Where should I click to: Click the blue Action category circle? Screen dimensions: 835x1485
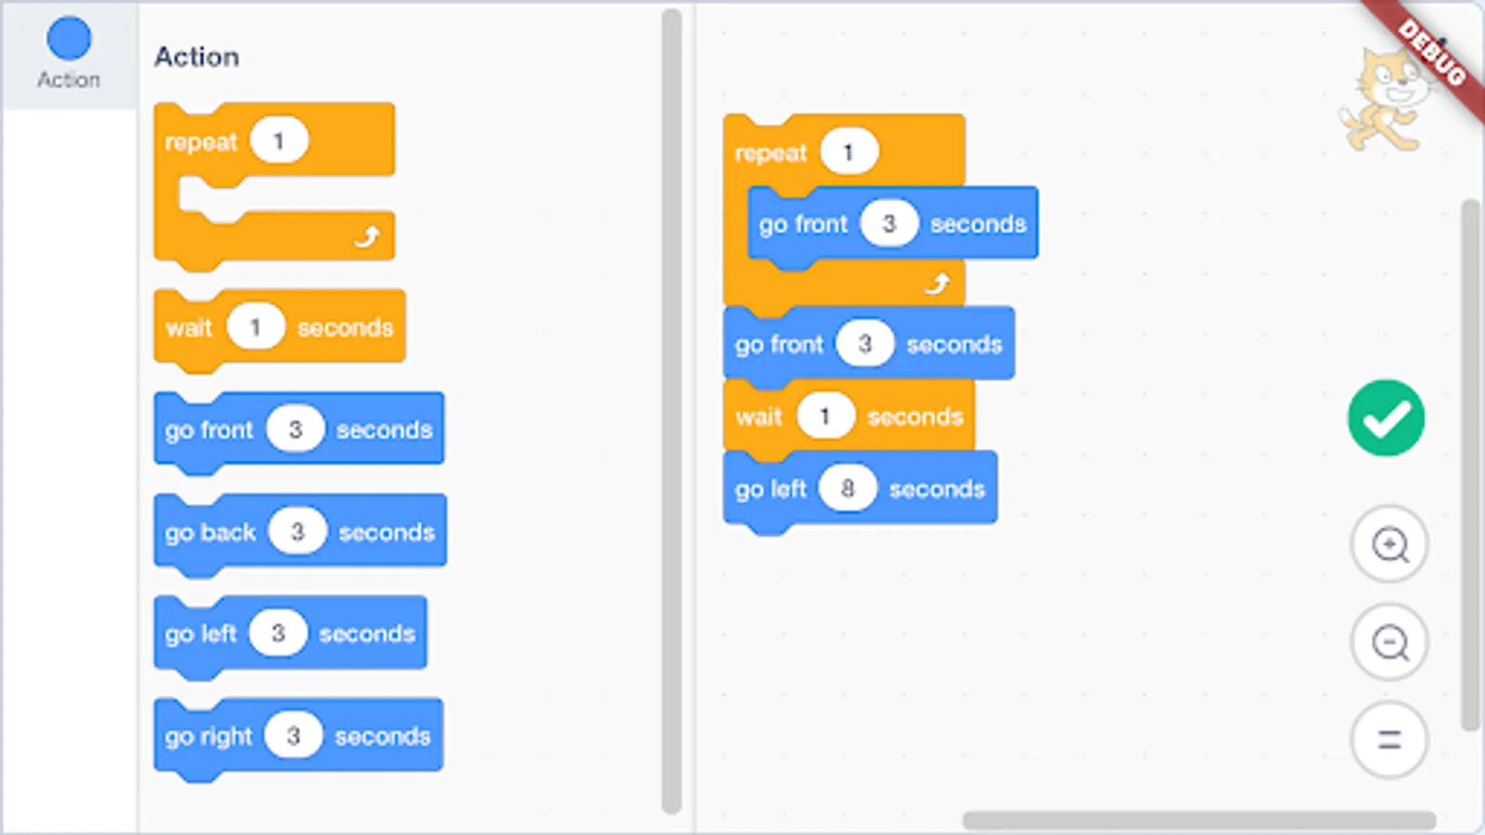pyautogui.click(x=69, y=39)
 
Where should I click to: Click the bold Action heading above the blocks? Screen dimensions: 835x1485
pyautogui.click(x=197, y=58)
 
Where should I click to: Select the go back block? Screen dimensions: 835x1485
pyautogui.click(x=210, y=532)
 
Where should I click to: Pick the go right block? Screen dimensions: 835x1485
pyautogui.click(x=208, y=736)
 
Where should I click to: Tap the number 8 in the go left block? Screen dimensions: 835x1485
pyautogui.click(x=847, y=488)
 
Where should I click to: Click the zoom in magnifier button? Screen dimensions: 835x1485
pyautogui.click(x=1389, y=545)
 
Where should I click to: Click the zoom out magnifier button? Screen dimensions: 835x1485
pyautogui.click(x=1389, y=642)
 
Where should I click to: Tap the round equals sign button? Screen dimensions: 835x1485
pyautogui.click(x=1389, y=739)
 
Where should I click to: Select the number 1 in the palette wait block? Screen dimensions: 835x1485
pyautogui.click(x=255, y=327)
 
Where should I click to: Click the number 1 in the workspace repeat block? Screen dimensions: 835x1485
pyautogui.click(x=848, y=152)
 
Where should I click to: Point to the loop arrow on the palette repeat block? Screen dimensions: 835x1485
pyautogui.click(x=367, y=238)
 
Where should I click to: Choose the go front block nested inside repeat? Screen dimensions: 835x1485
pyautogui.click(x=802, y=224)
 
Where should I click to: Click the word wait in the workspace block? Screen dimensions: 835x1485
pyautogui.click(x=758, y=417)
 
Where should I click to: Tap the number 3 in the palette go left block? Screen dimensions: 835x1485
pyautogui.click(x=278, y=633)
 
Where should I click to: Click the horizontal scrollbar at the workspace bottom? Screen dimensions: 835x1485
pyautogui.click(x=1197, y=820)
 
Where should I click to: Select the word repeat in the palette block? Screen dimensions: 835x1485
pyautogui.click(x=200, y=142)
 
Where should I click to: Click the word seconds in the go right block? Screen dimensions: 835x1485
pyautogui.click(x=382, y=736)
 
